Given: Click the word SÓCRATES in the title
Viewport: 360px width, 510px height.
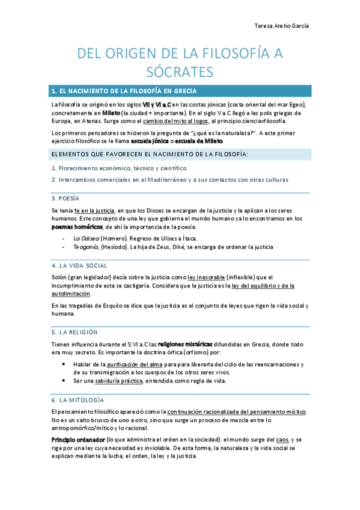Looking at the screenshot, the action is click(x=180, y=72).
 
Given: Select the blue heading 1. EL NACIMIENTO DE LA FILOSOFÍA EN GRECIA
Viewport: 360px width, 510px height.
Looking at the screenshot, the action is click(x=124, y=91).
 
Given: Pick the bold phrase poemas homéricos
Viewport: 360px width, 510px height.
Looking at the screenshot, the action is click(x=76, y=227).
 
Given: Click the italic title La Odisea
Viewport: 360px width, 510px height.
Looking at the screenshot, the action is click(x=85, y=238).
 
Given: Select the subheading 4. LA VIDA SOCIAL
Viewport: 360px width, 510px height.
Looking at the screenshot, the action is click(x=79, y=265).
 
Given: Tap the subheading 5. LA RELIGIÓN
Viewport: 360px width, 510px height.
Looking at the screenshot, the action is click(x=74, y=331).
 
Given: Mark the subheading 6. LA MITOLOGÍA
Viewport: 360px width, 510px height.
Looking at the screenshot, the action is click(x=78, y=399).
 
